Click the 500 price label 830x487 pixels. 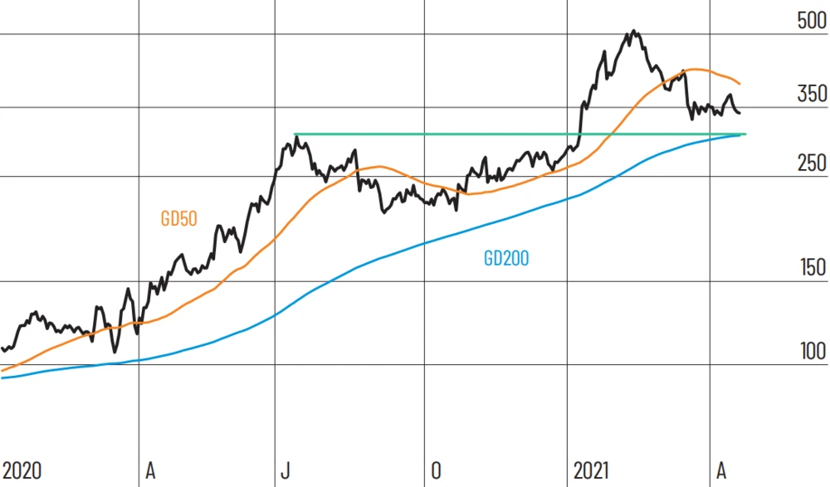tap(811, 22)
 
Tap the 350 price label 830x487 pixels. tap(811, 94)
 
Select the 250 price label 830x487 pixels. tap(811, 163)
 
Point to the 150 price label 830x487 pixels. tap(811, 268)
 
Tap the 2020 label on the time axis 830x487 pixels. tap(22, 471)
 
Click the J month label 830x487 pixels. tap(285, 471)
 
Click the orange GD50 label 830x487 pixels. tap(178, 220)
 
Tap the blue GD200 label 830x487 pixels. tap(506, 258)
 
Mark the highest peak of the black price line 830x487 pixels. tap(633, 32)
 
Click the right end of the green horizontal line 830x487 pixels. tap(746, 134)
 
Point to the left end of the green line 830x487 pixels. tap(295, 134)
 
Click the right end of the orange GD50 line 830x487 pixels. tap(740, 84)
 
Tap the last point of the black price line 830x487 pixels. tap(740, 113)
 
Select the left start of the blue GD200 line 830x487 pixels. tap(2, 377)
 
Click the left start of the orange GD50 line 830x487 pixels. tap(2, 370)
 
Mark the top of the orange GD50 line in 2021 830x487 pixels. tap(693, 70)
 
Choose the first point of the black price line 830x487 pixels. tap(2, 348)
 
